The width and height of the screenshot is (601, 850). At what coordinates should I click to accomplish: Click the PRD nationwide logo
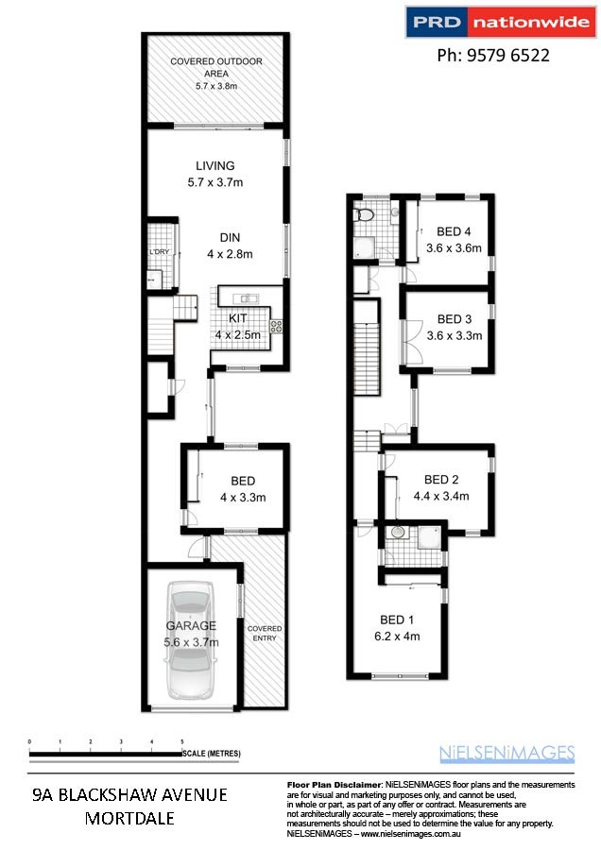tap(501, 22)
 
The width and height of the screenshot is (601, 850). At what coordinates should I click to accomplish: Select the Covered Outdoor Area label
tap(216, 73)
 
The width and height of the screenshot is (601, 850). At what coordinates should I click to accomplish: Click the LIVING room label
tap(215, 166)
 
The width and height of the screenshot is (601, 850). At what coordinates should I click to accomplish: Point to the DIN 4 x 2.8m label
tap(230, 246)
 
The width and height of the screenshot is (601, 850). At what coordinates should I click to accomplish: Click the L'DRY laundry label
tap(159, 252)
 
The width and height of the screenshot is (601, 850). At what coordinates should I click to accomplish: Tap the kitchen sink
tap(247, 298)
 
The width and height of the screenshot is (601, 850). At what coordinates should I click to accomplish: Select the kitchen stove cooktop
tap(276, 326)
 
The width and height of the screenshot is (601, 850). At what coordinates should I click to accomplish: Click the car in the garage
tap(190, 640)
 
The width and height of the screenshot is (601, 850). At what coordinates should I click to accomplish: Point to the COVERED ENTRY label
tap(265, 633)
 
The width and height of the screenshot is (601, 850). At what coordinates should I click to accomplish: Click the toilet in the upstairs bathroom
tap(363, 215)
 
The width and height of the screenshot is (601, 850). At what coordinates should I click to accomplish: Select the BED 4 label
tap(454, 232)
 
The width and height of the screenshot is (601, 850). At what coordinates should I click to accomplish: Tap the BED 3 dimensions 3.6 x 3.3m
tap(455, 336)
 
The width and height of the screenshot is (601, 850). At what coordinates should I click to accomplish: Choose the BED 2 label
tap(441, 480)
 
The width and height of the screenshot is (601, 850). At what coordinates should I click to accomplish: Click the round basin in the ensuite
tap(399, 532)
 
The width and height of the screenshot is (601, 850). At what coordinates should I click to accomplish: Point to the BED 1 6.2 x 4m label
tap(397, 628)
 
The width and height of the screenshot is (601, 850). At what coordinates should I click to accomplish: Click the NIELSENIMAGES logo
tap(507, 754)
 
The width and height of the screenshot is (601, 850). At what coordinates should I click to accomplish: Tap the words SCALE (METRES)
tap(212, 753)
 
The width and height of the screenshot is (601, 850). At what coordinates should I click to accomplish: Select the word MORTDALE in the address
tap(129, 818)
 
